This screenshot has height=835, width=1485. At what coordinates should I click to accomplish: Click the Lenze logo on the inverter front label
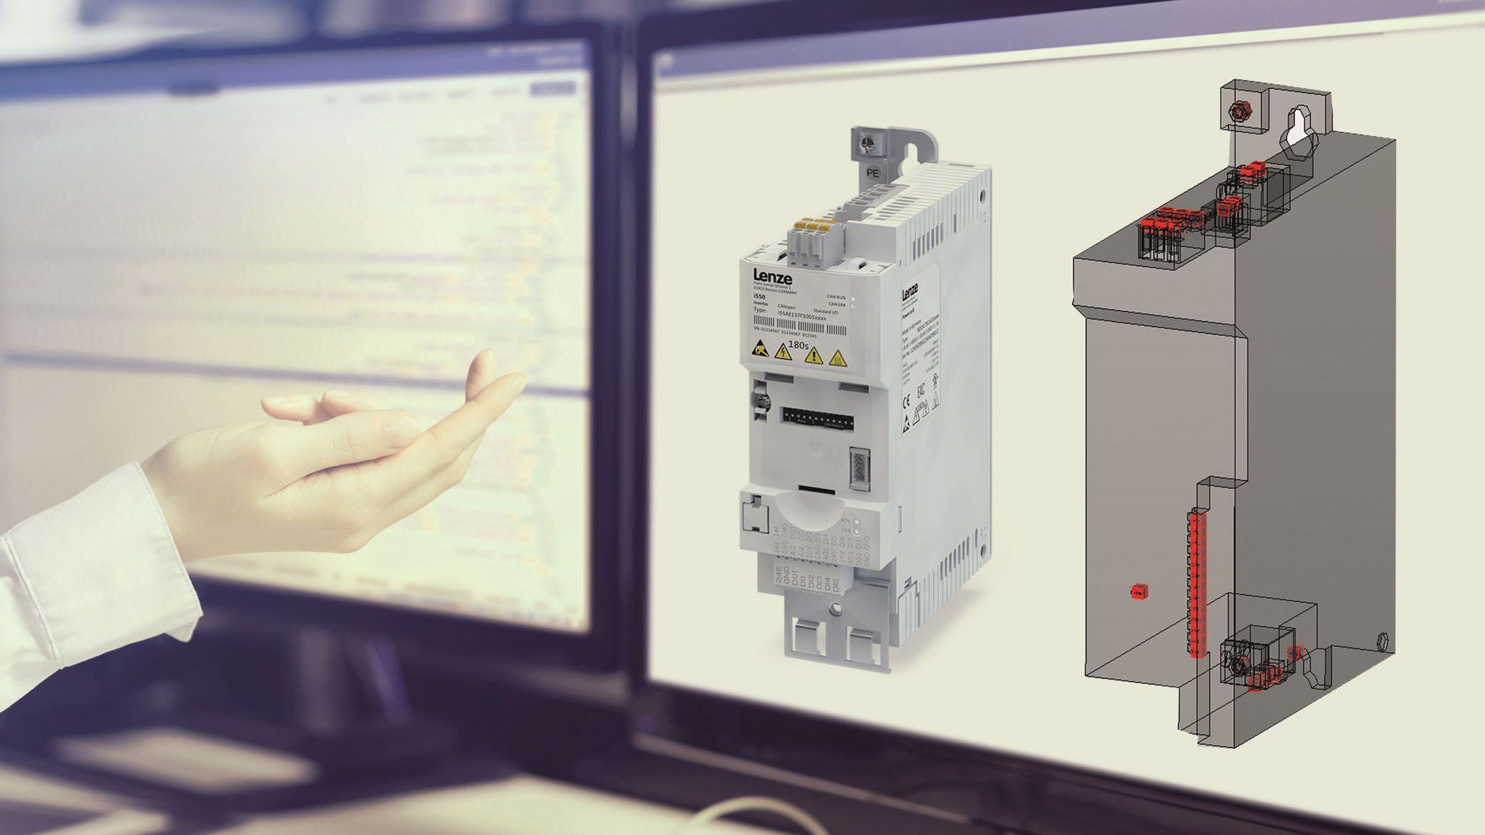(x=772, y=276)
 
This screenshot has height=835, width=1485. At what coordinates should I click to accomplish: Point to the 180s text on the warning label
(x=798, y=345)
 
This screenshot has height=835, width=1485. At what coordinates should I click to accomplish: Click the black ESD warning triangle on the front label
(x=759, y=349)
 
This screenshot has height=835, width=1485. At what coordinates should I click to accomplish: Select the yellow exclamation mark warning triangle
(x=815, y=355)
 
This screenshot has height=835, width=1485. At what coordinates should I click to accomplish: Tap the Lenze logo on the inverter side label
(x=910, y=292)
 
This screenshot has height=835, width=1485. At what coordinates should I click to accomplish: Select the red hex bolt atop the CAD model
(x=1237, y=111)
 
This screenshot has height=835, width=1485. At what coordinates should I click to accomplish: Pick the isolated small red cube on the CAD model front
(x=1137, y=593)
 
